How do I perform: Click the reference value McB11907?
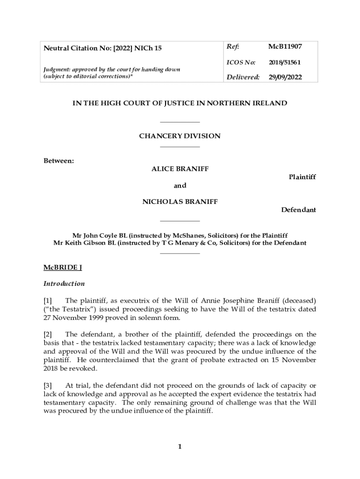(x=285, y=46)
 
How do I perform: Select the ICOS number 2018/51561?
(x=284, y=62)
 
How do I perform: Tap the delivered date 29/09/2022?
(x=285, y=77)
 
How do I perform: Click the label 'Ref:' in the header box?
(x=233, y=46)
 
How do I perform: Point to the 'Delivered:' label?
(x=243, y=77)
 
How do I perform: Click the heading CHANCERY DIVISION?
(x=180, y=136)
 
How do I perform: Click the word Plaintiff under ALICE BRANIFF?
(x=302, y=177)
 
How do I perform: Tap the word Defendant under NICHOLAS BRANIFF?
(x=298, y=210)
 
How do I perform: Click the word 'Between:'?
(x=59, y=161)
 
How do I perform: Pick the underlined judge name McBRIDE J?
(x=63, y=268)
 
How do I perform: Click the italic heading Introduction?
(x=64, y=283)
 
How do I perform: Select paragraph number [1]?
(x=48, y=300)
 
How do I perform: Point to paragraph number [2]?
(x=48, y=334)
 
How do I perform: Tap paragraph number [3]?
(x=48, y=385)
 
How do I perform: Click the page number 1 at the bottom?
(x=180, y=447)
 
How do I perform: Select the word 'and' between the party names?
(x=180, y=186)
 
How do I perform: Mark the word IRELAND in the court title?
(x=270, y=103)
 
